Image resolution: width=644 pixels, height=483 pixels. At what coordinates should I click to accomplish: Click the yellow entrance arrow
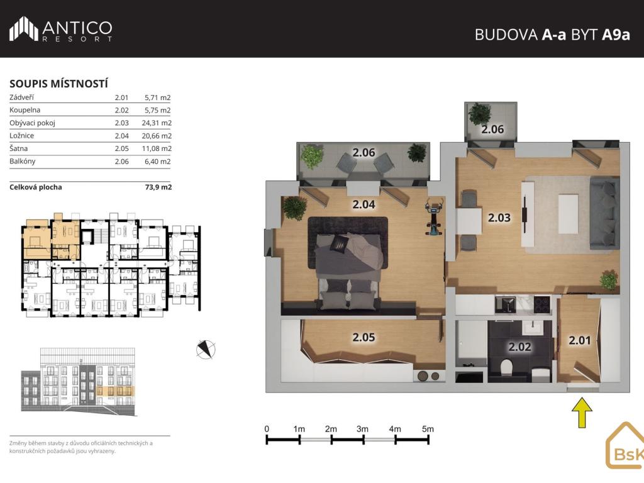tap(582, 412)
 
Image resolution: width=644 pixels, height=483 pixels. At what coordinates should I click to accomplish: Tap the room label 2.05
tap(364, 338)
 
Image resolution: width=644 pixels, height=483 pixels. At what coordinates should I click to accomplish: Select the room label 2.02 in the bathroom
tap(519, 347)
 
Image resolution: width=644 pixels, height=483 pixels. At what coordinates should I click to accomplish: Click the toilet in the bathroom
tap(506, 367)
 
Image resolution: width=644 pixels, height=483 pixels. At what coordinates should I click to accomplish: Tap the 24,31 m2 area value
tap(157, 123)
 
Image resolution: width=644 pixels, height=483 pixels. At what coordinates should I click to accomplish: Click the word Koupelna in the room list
tap(25, 110)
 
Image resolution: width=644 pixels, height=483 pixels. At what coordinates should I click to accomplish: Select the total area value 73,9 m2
tap(158, 187)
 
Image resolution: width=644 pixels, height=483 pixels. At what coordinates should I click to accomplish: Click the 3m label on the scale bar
tap(362, 429)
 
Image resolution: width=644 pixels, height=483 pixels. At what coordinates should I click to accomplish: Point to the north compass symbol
tap(206, 350)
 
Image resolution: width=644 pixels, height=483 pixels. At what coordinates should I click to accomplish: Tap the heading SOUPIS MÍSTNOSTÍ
tap(58, 84)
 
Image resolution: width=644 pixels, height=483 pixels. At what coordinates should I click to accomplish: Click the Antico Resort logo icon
tap(24, 29)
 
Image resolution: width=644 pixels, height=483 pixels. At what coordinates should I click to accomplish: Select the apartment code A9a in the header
tap(616, 35)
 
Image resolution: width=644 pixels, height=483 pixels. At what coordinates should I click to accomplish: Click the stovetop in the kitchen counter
tap(543, 304)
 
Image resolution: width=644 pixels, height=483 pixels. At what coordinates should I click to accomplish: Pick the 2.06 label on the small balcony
tap(492, 130)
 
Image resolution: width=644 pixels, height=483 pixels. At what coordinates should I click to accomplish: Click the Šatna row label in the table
tap(18, 148)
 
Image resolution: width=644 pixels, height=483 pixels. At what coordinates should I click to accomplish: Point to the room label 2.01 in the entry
tap(579, 340)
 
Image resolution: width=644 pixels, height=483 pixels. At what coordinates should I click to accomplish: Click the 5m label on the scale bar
tap(428, 429)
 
